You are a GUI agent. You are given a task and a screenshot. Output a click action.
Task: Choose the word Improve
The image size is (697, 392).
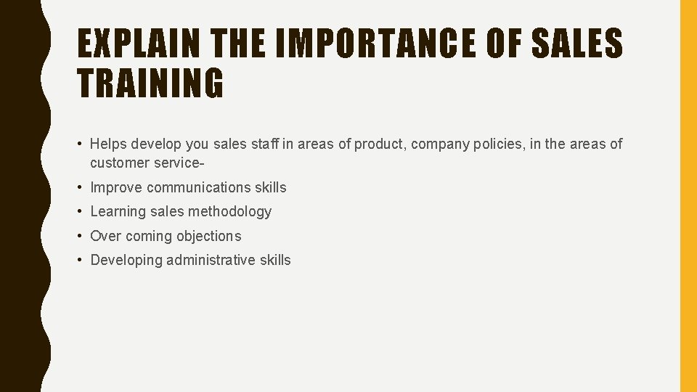point(116,187)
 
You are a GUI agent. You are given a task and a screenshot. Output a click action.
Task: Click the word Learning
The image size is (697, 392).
point(118,211)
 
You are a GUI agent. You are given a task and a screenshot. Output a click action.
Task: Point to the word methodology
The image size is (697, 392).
point(229,211)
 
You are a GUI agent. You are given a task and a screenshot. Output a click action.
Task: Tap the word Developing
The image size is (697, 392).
point(126,260)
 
